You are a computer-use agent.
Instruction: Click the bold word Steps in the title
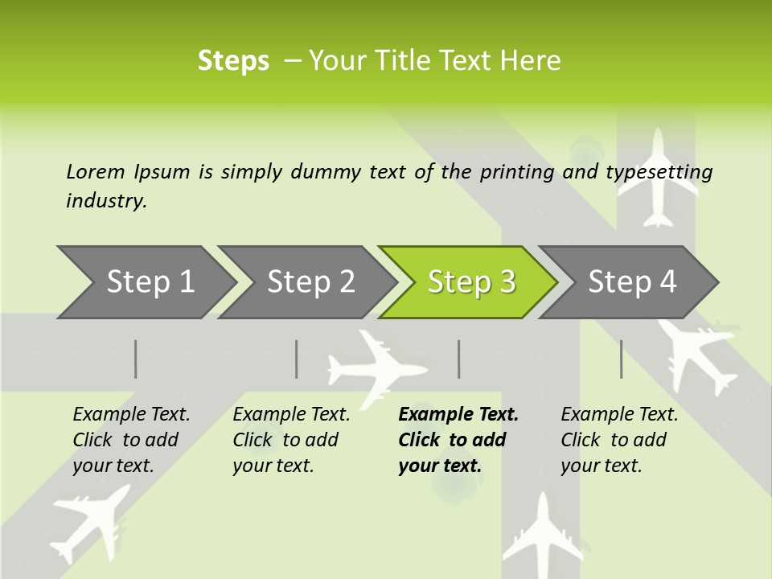pos(233,61)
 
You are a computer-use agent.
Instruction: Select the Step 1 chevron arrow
pos(145,282)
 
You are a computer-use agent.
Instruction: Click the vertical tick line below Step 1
pos(136,359)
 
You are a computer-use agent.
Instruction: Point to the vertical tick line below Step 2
pos(297,359)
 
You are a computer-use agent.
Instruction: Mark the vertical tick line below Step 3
pos(458,359)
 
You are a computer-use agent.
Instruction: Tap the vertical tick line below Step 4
pos(622,359)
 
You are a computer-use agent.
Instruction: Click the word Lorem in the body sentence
pos(95,171)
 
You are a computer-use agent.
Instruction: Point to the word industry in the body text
pos(105,200)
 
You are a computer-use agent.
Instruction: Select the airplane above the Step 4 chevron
pos(659,177)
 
